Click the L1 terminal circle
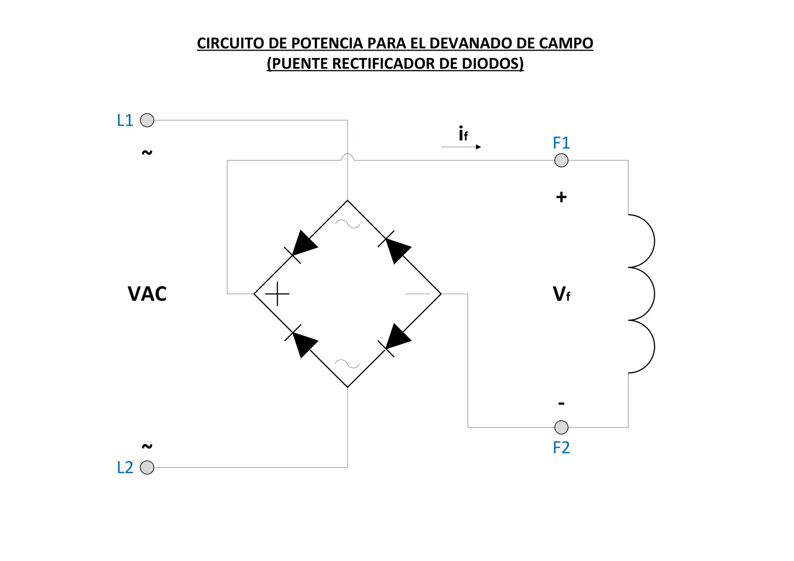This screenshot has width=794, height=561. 147,120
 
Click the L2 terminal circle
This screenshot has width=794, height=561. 147,467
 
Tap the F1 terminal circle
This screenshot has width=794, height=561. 561,160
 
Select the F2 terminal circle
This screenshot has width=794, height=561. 561,427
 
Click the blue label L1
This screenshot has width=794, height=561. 125,120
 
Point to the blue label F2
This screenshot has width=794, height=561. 561,447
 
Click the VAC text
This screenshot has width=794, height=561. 147,294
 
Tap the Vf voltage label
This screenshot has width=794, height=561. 561,294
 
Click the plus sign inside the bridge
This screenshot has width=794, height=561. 277,294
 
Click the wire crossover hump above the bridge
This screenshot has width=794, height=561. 347,157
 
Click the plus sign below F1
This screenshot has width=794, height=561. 561,197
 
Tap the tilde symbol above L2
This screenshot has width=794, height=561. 147,446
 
